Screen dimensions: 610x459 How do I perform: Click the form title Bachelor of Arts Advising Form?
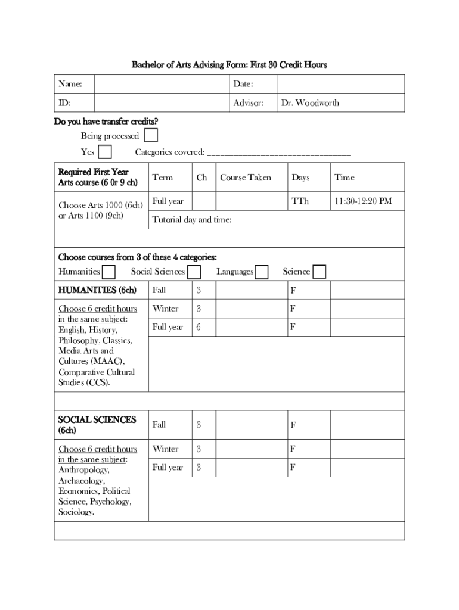pos(229,64)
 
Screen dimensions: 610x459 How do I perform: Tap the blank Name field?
pos(162,84)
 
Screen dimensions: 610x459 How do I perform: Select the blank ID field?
pos(162,102)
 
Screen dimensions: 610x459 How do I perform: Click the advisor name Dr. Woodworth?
pos(310,102)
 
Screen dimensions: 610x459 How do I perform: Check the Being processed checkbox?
pos(151,135)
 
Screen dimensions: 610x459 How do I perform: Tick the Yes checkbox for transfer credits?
pos(104,152)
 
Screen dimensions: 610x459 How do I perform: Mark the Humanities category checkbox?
pos(108,272)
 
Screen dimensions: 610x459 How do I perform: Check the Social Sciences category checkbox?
pos(194,272)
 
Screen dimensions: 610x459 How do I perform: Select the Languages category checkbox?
pos(262,272)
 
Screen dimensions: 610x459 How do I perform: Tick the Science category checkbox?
pos(320,272)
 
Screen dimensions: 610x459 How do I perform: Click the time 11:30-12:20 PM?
pos(362,201)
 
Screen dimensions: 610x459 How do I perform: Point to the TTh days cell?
pos(300,201)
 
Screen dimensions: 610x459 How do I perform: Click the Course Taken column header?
pos(245,177)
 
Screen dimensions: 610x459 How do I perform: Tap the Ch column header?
pos(201,177)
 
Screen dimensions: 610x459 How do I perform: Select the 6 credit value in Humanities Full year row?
pos(199,327)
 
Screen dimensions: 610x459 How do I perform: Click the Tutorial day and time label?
pos(192,220)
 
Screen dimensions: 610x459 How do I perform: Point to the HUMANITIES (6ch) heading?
pos(97,290)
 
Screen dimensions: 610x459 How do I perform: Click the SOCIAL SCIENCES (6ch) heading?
pos(97,424)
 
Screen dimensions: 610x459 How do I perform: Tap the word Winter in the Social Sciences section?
pos(165,449)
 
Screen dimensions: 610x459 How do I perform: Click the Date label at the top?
pos(243,84)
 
